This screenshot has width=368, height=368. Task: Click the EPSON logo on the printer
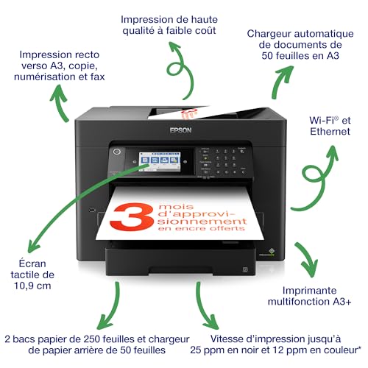pos(180,130)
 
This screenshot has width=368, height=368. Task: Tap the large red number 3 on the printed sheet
pos(132,216)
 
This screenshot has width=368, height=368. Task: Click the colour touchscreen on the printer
pos(160,161)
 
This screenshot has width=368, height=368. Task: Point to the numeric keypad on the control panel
pos(226,161)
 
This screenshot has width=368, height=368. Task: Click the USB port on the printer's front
pos(92,210)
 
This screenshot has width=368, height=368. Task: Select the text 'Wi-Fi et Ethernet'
pos(330,126)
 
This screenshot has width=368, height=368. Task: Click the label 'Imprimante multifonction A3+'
pos(309,296)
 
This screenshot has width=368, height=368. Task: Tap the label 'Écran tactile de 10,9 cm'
pos(32,275)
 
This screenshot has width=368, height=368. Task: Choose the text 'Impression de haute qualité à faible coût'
pos(169,25)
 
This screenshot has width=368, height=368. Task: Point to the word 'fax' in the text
pos(97,77)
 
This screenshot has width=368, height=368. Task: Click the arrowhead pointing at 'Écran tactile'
pos(33,245)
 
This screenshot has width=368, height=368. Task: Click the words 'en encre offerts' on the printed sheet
pos(202,229)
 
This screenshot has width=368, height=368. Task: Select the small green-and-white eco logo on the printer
pos(271,251)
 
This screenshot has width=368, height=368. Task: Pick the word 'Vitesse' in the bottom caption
pos(227,339)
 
